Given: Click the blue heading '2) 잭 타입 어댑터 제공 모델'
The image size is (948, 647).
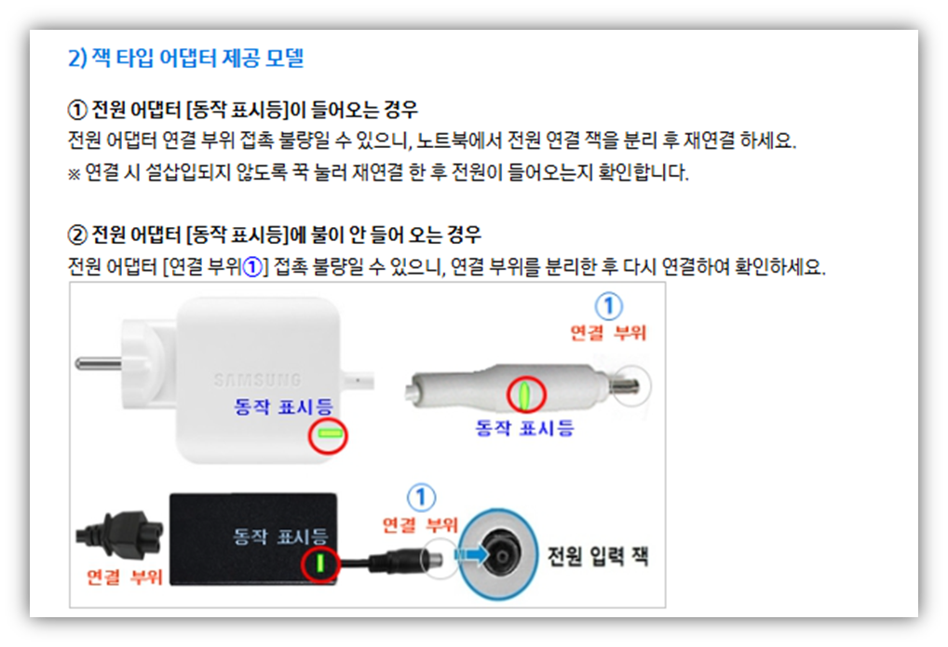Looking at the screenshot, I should tap(185, 59).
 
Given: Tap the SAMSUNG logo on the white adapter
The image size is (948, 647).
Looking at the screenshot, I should tap(257, 380).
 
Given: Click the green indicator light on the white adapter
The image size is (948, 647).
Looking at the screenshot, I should tap(327, 434).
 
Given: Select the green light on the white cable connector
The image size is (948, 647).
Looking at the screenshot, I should tap(525, 395).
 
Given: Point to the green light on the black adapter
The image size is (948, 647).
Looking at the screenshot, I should tap(318, 564).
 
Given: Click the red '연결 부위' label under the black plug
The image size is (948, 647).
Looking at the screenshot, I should tap(124, 577).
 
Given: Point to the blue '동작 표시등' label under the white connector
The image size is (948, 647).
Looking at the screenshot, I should tap(524, 428).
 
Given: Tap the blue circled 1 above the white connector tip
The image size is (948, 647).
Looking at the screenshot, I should tap(608, 306).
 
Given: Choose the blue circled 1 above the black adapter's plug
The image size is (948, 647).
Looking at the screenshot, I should tap(422, 496).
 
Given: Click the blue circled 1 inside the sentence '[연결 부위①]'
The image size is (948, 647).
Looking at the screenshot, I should tap(251, 268).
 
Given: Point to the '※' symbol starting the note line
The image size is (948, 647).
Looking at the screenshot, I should tap(74, 174).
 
